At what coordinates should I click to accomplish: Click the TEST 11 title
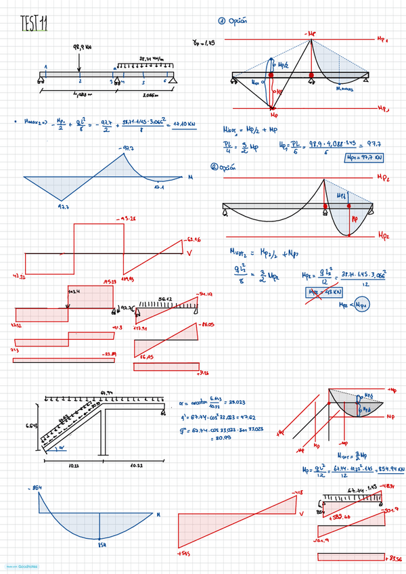35,24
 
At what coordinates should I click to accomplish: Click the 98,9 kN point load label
81,48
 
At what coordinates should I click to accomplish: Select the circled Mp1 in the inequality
365,305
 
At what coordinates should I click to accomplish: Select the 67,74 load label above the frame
106,392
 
